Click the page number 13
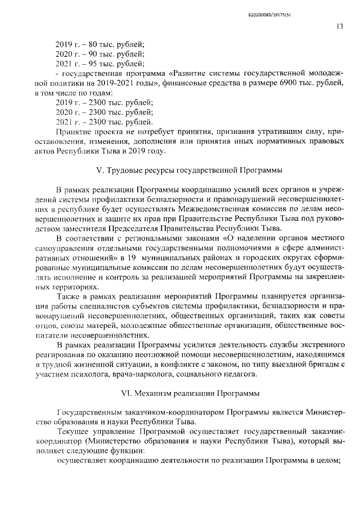pos(340,26)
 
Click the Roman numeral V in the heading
pos(107,169)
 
